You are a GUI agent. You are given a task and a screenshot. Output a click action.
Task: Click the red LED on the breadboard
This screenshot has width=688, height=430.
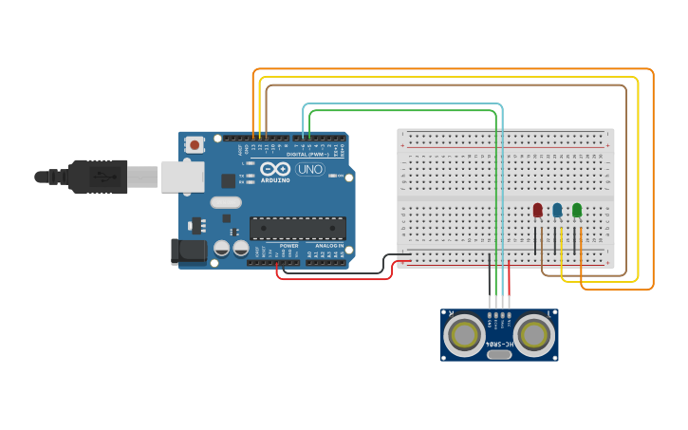pos(537,210)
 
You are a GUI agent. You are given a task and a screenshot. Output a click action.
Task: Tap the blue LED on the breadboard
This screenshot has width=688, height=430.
pos(557,210)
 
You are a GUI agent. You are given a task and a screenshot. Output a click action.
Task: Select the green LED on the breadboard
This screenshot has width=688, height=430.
pos(577,210)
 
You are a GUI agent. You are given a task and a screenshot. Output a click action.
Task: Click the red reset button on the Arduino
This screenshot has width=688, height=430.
pos(195,144)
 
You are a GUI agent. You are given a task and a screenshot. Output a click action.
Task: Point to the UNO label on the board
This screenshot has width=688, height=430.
pos(310,169)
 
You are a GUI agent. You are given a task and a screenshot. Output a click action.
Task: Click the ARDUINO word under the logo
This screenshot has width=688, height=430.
pos(275,179)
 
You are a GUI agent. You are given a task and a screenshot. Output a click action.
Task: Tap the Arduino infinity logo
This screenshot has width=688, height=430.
pos(275,169)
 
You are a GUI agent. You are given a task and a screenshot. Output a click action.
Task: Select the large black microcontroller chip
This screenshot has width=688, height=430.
pos(297,228)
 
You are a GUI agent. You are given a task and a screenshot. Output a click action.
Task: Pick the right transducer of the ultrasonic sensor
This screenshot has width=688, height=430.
pos(534,334)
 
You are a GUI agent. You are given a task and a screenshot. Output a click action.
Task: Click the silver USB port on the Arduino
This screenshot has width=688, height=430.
pos(182,177)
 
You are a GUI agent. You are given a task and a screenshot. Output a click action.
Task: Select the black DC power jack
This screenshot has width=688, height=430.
pos(188,251)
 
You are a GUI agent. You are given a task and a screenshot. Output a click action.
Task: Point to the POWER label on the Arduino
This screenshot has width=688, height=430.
pos(289,246)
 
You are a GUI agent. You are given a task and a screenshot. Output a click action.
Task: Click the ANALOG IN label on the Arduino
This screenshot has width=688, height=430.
pos(328,246)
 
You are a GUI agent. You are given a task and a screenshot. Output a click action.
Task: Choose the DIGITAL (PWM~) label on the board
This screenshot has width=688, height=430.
pos(309,154)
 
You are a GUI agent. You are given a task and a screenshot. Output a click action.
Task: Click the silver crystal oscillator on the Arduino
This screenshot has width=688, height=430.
pos(226,202)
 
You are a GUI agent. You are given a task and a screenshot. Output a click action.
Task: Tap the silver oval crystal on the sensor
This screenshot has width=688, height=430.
pos(499,354)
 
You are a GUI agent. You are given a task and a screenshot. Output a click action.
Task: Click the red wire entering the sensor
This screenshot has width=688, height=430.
pos(510,285)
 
